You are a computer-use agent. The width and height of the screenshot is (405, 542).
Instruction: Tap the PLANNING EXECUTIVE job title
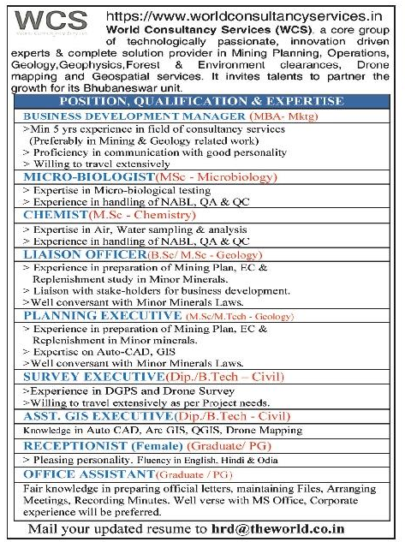pyautogui.click(x=101, y=316)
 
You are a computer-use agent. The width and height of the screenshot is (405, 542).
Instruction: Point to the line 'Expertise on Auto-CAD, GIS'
pyautogui.click(x=110, y=352)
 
